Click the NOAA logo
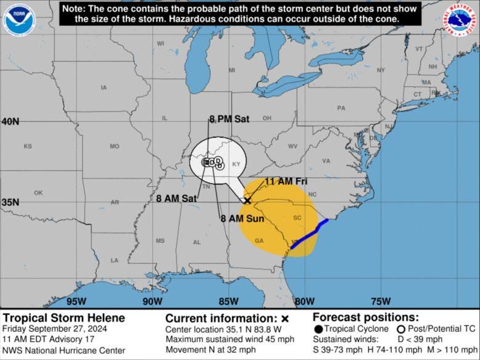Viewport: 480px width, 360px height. pos(19,20)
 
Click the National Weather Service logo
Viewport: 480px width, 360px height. pos(461,20)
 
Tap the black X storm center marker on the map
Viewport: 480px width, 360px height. pos(247,200)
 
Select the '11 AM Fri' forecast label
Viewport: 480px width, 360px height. pos(286,181)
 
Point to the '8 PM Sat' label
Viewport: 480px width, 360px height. pos(229,119)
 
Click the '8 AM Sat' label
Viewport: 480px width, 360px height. pos(176,198)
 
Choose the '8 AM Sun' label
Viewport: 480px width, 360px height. pos(242,218)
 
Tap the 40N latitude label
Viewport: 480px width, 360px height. pos(10,121)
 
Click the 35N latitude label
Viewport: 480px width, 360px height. pos(10,202)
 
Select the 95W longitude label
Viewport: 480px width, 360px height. pos(76,301)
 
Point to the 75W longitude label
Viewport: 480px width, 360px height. pos(381,301)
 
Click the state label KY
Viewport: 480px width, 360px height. pos(236,164)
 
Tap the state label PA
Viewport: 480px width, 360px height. pos(341,108)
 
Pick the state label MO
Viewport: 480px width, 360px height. pos(114,146)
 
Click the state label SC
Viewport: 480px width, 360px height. pos(297,218)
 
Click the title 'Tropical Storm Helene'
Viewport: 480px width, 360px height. pos(64,318)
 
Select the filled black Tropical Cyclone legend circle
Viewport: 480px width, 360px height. pos(318,329)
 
